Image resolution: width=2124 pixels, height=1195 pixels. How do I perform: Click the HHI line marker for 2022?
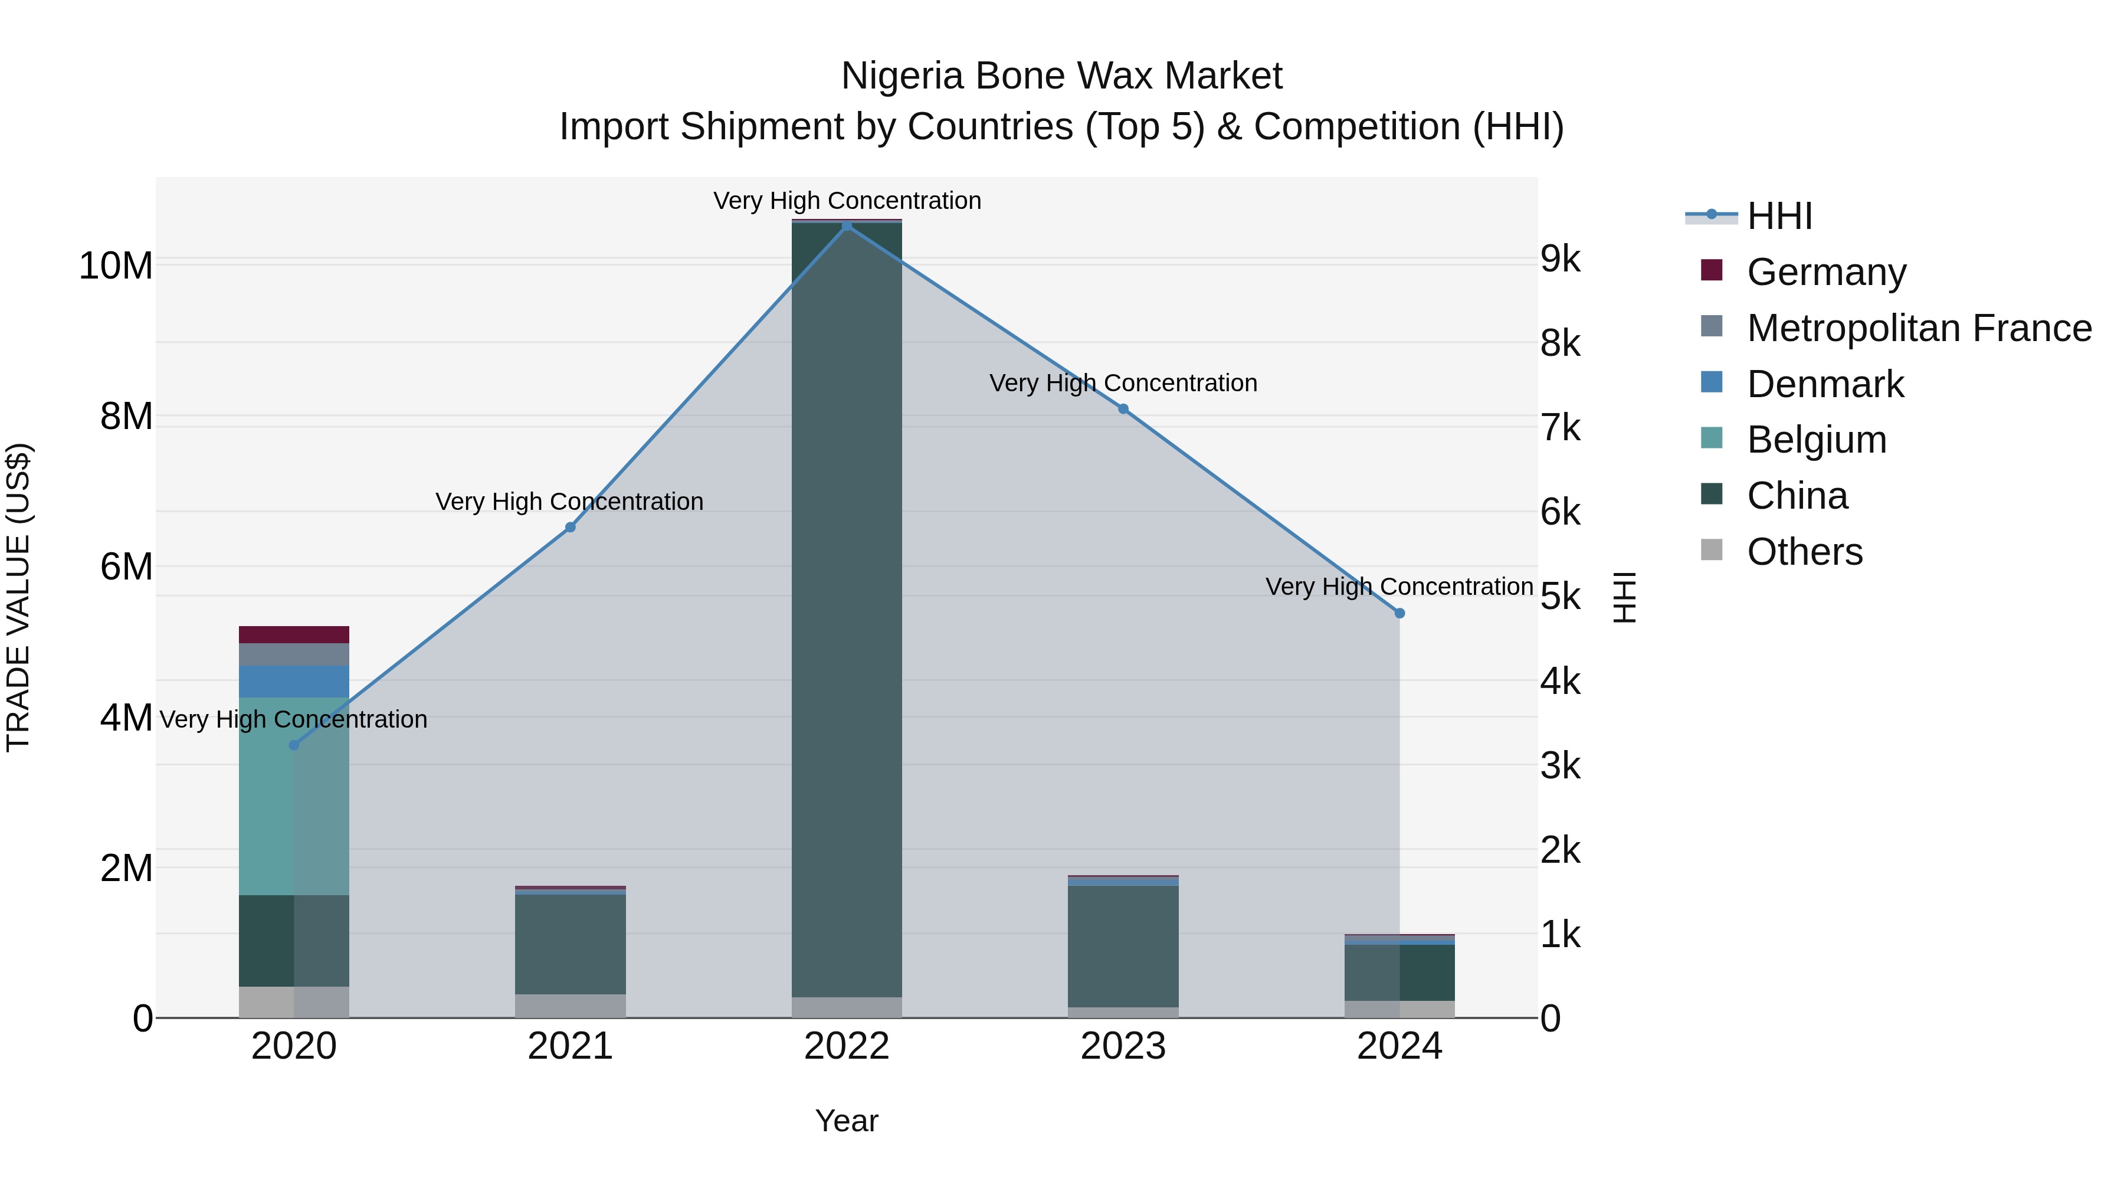[x=847, y=225]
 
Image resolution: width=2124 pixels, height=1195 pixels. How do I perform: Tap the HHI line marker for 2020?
[x=294, y=745]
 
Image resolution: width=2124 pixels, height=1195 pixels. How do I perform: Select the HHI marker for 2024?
[x=1399, y=613]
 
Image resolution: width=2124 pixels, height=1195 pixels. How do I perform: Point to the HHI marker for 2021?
[x=570, y=527]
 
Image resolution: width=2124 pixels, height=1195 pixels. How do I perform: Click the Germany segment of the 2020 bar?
[x=294, y=634]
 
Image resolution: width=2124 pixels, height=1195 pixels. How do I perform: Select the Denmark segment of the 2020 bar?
[x=294, y=681]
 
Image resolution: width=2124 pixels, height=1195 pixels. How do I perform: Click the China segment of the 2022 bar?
[x=847, y=610]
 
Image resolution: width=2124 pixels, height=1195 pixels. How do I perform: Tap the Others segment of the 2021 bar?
[x=570, y=1006]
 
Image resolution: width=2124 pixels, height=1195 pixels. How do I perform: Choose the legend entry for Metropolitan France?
[x=1919, y=328]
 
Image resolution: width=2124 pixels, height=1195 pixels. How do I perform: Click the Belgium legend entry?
[x=1817, y=440]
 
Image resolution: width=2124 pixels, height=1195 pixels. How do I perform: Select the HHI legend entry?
[x=1779, y=216]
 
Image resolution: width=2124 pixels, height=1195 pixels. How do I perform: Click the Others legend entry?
[x=1804, y=552]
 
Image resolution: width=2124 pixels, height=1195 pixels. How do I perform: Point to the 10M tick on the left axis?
[x=116, y=266]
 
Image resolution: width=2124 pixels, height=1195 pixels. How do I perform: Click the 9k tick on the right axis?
[x=1560, y=259]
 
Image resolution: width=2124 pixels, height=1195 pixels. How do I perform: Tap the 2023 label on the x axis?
[x=1123, y=1046]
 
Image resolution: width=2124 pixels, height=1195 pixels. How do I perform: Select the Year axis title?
[x=847, y=1121]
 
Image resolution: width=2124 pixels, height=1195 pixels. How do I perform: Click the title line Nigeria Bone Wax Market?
[x=1061, y=76]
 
